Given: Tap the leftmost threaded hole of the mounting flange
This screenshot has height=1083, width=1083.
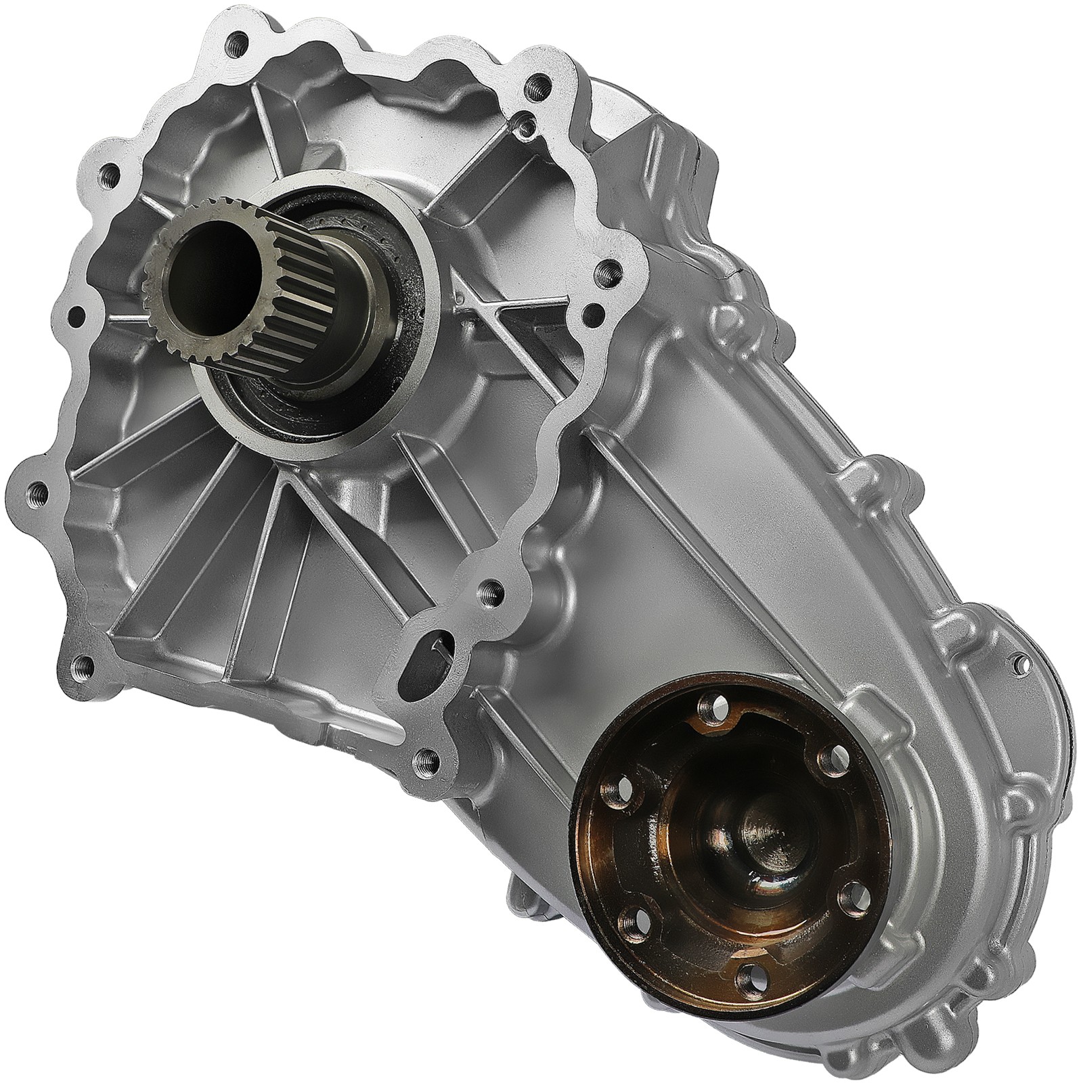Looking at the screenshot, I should [x=39, y=487].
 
